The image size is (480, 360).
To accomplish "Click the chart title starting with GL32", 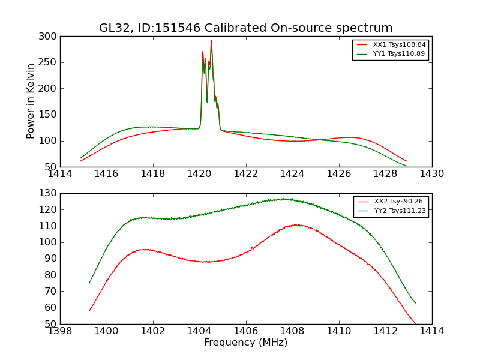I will pos(246,28).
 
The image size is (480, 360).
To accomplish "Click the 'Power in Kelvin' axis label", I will pos(31,101).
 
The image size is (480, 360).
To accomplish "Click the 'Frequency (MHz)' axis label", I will pos(246,343).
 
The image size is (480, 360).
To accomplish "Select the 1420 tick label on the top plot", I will pos(199,174).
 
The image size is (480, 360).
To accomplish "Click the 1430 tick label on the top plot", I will pos(431,174).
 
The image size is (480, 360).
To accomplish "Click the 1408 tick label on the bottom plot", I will pos(292,331).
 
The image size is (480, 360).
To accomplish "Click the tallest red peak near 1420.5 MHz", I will pos(211,41).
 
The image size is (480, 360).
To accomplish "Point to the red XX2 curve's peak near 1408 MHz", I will pos(296,224).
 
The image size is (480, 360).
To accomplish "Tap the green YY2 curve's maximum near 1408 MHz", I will pos(288,199).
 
